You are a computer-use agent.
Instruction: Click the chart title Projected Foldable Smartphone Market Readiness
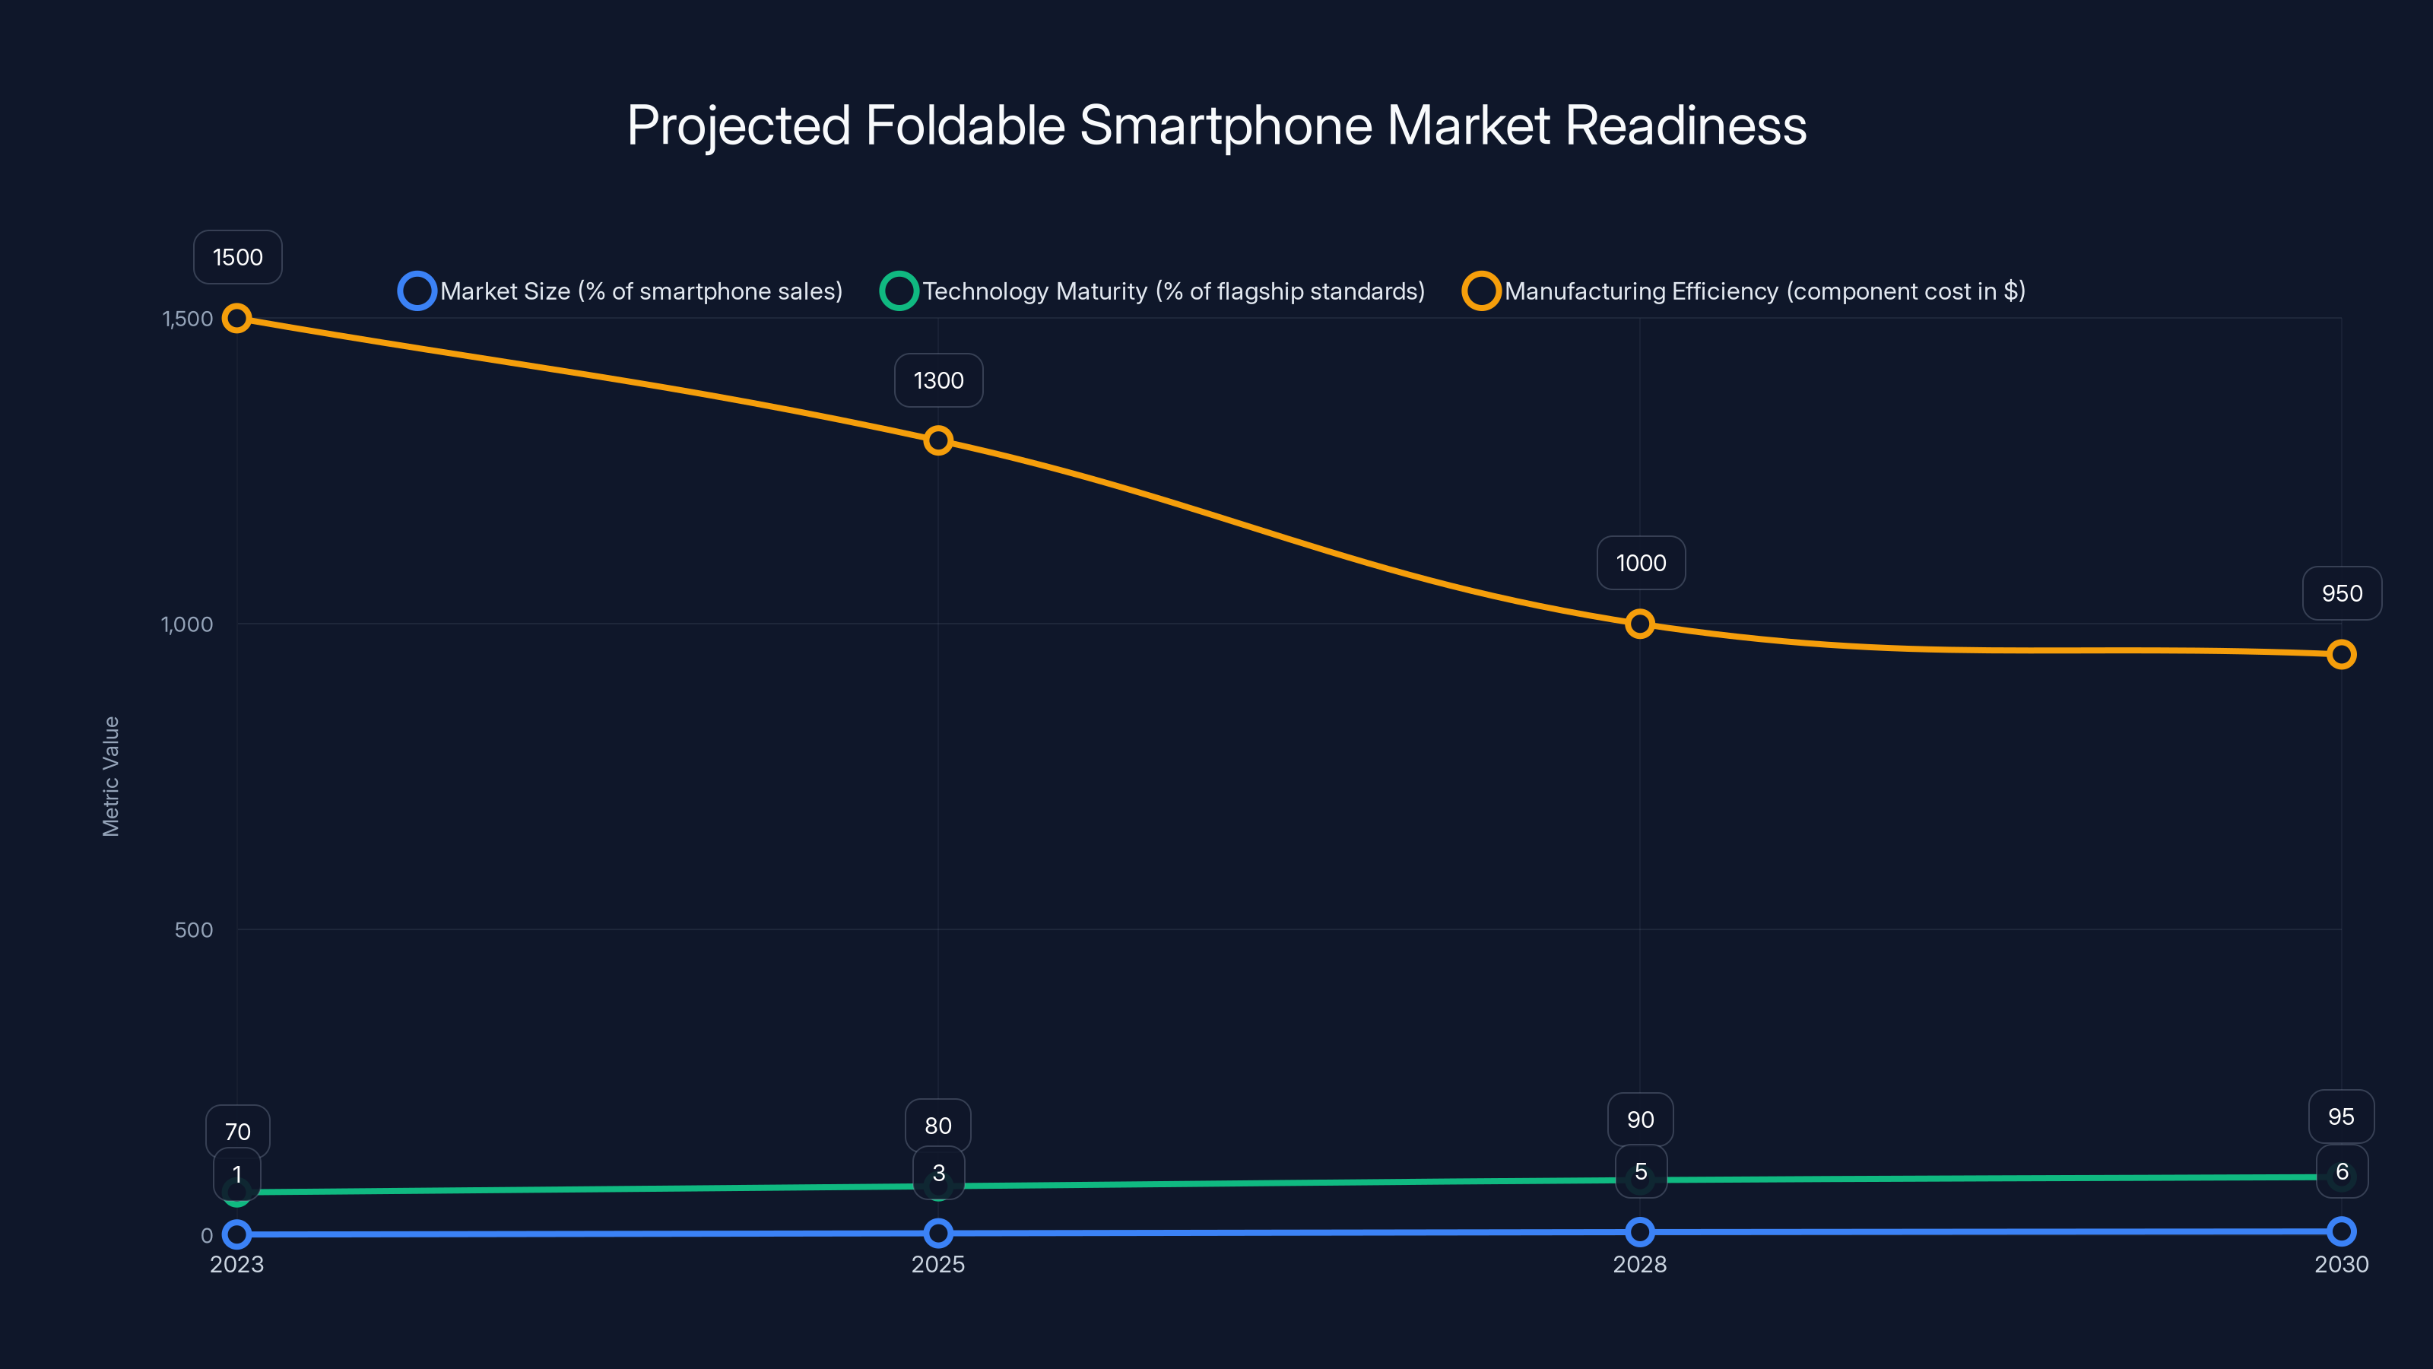pos(1216,125)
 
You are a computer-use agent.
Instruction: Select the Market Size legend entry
pos(620,291)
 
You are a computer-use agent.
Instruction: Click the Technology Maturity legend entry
pos(1153,291)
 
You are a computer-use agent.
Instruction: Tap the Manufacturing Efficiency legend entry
pos(1743,291)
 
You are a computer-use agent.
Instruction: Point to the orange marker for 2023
pos(237,319)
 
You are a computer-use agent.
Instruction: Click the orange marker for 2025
pos(938,440)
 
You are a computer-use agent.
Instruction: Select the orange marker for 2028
pos(1640,624)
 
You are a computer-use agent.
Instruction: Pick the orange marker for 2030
pos(2342,654)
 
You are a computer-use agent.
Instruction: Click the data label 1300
pos(938,381)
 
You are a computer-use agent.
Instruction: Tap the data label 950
pos(2342,593)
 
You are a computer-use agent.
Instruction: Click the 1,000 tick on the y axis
pos(187,624)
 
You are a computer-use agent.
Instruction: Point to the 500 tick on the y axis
pos(194,929)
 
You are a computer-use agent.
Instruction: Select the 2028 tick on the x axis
pos(1640,1264)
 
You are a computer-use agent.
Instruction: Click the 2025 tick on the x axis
pos(938,1264)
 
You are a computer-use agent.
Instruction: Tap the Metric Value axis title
pos(110,776)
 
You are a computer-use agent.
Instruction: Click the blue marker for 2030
pos(2342,1231)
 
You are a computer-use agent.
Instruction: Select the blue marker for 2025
pos(938,1233)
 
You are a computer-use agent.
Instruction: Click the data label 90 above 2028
pos(1640,1120)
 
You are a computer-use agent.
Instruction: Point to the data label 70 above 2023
pos(237,1131)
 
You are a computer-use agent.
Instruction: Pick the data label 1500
pos(237,257)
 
